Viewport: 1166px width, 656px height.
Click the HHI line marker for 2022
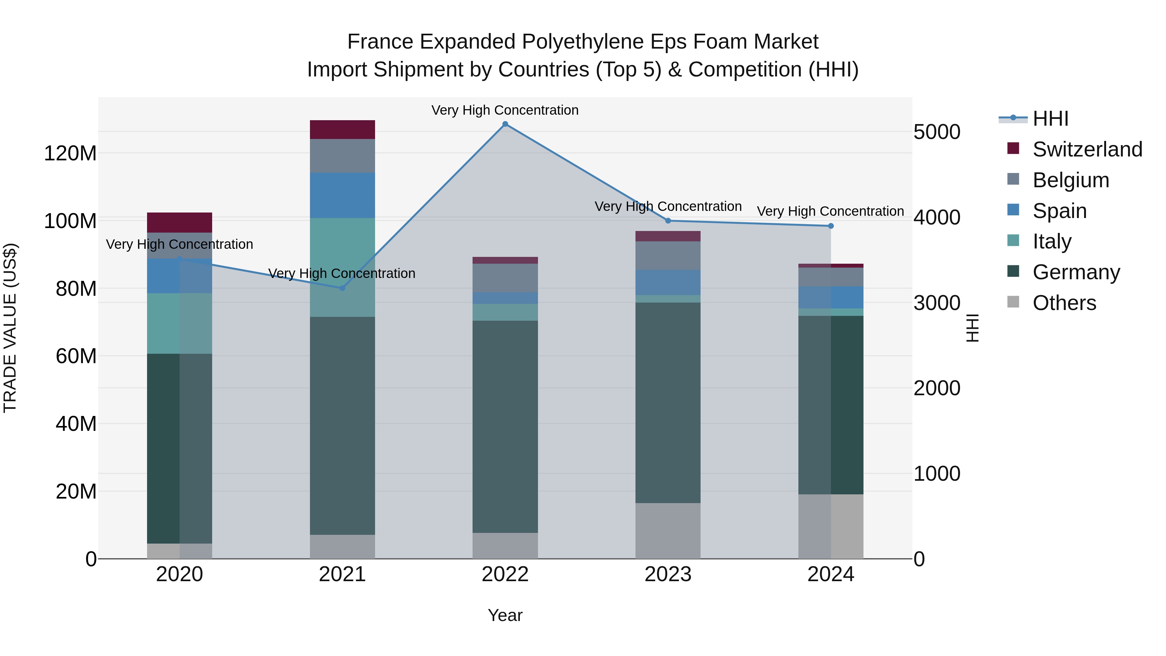[505, 124]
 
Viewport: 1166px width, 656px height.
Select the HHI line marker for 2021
[342, 288]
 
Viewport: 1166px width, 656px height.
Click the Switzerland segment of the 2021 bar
[342, 130]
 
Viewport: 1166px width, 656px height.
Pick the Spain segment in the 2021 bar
[342, 195]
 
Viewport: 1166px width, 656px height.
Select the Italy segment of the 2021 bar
[342, 267]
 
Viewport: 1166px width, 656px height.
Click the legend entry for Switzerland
[1087, 149]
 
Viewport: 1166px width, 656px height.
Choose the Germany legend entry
[1076, 272]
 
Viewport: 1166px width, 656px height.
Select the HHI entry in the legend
[1050, 119]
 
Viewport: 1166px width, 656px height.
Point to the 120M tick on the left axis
[70, 154]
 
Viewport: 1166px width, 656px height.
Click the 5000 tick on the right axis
[936, 132]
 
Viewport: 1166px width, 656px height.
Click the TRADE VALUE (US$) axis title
[10, 328]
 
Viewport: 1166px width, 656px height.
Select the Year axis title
[505, 615]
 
